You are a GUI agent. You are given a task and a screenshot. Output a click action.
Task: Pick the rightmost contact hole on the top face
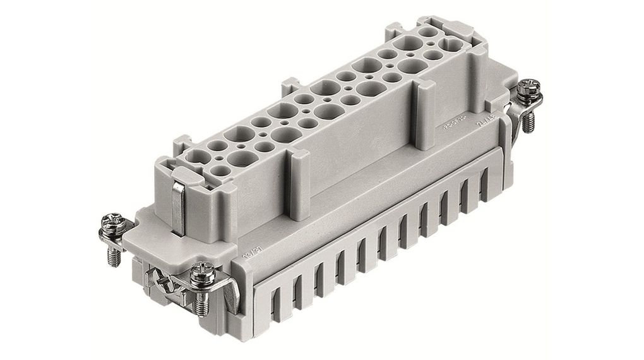[x=453, y=42]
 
